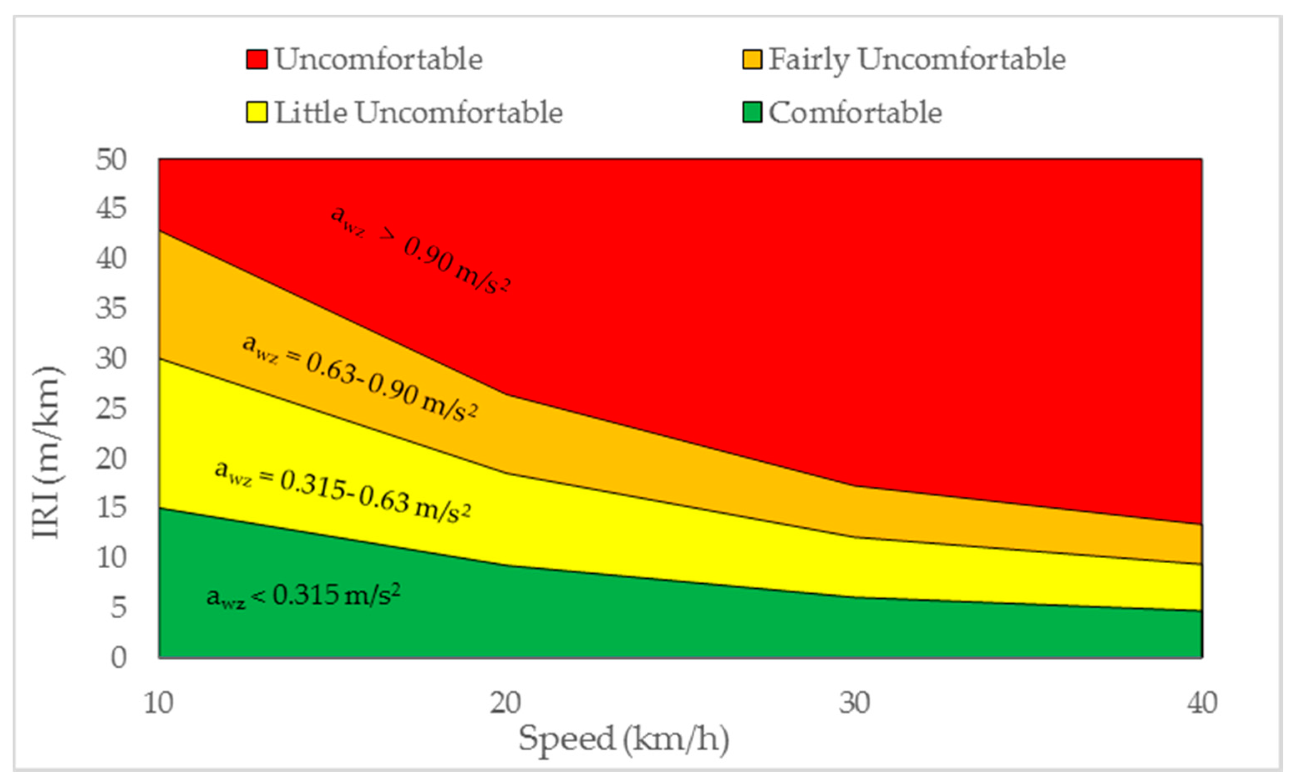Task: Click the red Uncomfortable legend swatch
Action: (256, 59)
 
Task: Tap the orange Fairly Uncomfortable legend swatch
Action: (751, 59)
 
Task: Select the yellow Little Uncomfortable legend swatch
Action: (256, 112)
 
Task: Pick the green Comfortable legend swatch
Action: (751, 112)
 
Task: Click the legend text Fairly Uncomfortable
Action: (917, 59)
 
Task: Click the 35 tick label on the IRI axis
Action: (111, 309)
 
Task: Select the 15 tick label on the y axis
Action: (111, 508)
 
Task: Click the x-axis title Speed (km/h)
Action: (624, 739)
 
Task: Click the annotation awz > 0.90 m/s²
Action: (420, 249)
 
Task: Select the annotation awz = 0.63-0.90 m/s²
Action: (360, 378)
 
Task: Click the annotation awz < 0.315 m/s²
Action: (303, 596)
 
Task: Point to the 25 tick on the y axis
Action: (111, 409)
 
